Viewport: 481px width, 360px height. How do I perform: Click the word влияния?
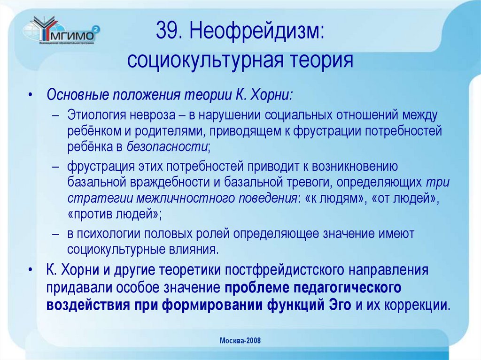click(193, 249)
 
